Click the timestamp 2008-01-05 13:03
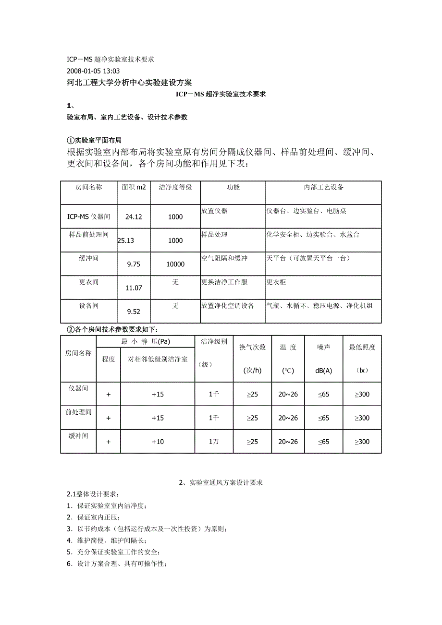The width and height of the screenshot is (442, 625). coord(93,71)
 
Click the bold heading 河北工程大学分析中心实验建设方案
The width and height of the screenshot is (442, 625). coord(129,83)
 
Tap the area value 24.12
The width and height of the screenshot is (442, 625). coord(134,217)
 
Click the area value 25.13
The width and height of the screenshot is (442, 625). coord(126,240)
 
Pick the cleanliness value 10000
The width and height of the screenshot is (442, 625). coord(175,264)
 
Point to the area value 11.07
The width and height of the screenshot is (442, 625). coord(134,288)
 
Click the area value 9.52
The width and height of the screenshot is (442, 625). coord(134,312)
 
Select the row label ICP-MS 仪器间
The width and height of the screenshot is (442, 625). coord(88,217)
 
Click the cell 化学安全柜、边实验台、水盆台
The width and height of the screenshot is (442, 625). coord(313,235)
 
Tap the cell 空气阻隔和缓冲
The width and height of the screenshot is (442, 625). coord(224,258)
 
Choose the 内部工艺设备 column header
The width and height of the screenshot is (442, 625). coord(323,187)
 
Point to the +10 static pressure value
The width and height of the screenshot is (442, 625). coord(158,442)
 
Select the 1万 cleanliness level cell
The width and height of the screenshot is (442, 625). coord(214,442)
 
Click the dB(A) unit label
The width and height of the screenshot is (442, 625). coord(323,371)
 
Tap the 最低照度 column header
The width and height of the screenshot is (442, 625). coord(362,347)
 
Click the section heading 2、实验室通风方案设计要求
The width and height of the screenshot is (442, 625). coord(221,483)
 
